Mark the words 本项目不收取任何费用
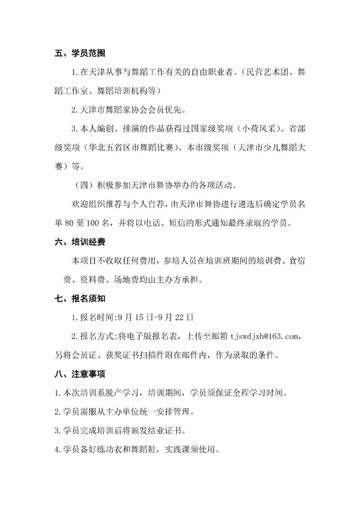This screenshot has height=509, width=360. coord(111,261)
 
